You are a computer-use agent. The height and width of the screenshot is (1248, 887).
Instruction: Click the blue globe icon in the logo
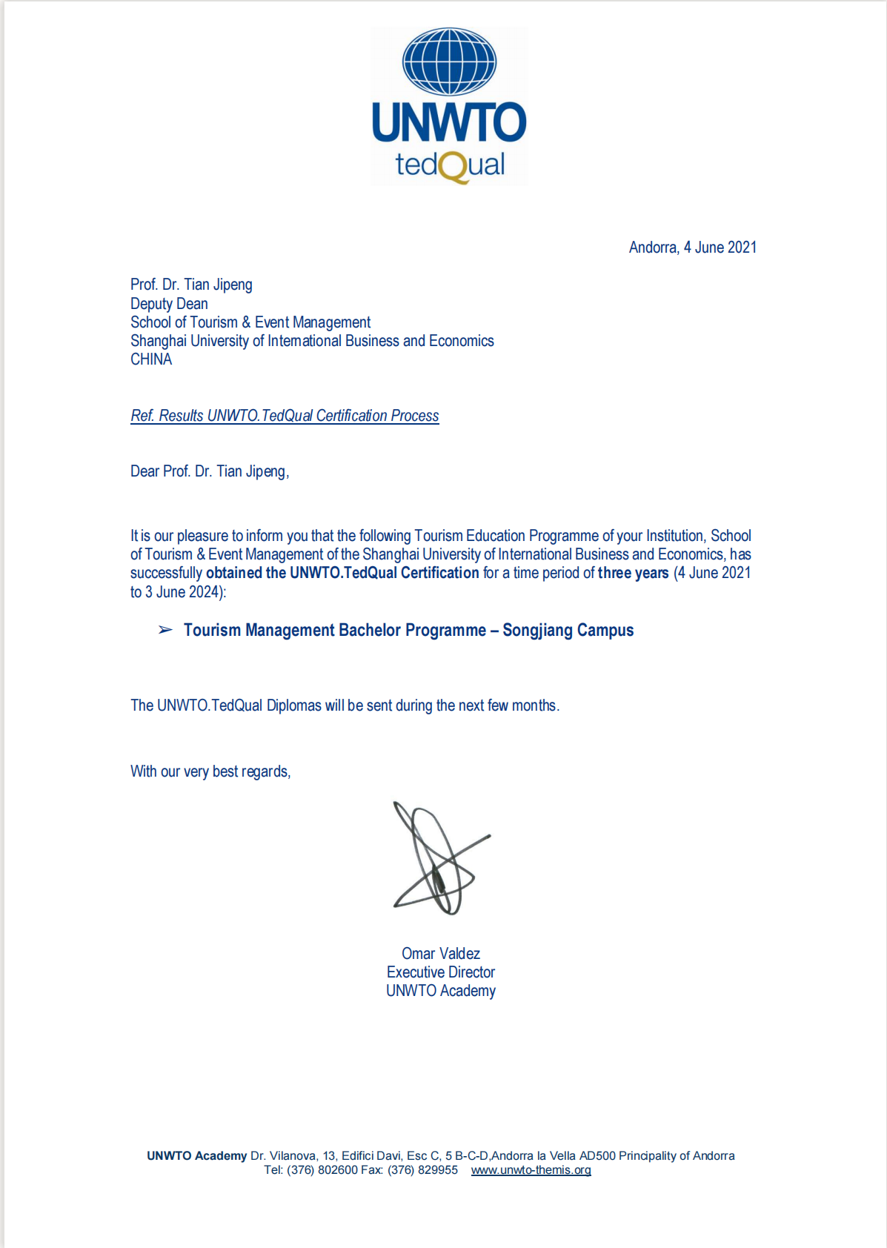449,62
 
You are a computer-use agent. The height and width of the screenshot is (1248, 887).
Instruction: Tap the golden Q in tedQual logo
453,167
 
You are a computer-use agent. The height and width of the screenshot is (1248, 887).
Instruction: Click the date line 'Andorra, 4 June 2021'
692,248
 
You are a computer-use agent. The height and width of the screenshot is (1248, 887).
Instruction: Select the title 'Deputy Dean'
169,304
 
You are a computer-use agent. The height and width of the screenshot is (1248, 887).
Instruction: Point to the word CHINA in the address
151,359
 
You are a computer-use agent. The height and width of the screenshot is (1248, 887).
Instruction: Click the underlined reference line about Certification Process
285,416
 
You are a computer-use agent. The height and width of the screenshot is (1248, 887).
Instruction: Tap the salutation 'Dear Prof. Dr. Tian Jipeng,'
210,471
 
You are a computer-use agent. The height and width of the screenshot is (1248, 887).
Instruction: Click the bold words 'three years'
633,573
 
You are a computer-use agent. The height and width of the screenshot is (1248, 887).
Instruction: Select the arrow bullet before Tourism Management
165,630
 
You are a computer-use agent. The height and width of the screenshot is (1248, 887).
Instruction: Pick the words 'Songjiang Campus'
568,630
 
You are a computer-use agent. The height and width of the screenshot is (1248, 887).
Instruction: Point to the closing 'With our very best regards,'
210,771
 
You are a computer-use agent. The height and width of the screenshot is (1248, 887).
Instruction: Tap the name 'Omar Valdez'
441,954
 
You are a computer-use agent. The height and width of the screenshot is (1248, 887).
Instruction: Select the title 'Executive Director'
441,972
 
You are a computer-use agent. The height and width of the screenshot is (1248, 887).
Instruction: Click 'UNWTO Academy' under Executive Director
441,991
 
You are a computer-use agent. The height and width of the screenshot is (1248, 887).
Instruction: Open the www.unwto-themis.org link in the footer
531,1170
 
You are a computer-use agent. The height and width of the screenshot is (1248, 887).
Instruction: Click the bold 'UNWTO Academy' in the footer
196,1156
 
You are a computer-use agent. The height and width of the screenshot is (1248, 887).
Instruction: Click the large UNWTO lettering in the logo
449,123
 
